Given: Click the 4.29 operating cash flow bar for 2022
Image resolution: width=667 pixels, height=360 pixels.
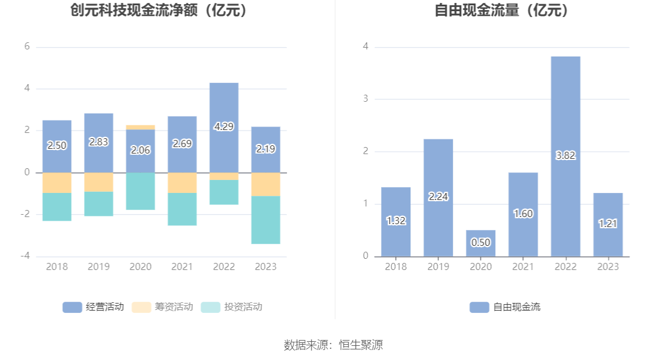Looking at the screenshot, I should pyautogui.click(x=224, y=106).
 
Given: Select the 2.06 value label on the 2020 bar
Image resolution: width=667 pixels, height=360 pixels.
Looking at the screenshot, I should pyautogui.click(x=141, y=151).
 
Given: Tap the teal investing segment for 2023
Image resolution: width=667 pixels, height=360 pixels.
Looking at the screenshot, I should pyautogui.click(x=266, y=219).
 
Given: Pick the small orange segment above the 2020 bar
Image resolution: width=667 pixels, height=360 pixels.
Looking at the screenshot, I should pyautogui.click(x=141, y=127).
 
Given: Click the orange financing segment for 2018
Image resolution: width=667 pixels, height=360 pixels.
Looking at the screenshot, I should pyautogui.click(x=57, y=183).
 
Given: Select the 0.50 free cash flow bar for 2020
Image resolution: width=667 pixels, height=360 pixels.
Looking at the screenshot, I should pyautogui.click(x=481, y=243).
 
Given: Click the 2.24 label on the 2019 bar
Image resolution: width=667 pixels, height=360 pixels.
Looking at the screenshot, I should pyautogui.click(x=438, y=197).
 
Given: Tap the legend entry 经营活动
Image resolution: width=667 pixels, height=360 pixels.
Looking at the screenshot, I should pyautogui.click(x=94, y=306).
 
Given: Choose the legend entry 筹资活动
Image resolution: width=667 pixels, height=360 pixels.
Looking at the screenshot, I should pyautogui.click(x=163, y=306).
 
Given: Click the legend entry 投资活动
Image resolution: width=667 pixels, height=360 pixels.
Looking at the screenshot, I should pyautogui.click(x=232, y=306).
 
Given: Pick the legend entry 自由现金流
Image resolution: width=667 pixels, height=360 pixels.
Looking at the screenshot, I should pyautogui.click(x=505, y=306).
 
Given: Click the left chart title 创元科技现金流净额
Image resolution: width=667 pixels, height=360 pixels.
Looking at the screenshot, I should pyautogui.click(x=158, y=10).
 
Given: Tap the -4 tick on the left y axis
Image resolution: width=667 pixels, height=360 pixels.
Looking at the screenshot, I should pyautogui.click(x=26, y=256).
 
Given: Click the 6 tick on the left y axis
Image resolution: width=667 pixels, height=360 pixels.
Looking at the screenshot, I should pyautogui.click(x=27, y=46).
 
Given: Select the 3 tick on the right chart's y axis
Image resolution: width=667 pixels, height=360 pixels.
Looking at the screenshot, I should pyautogui.click(x=365, y=98).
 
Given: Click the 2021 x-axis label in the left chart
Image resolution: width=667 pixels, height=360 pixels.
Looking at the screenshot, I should pyautogui.click(x=182, y=266).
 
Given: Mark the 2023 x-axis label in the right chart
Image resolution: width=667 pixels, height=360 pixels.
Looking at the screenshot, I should pyautogui.click(x=608, y=266).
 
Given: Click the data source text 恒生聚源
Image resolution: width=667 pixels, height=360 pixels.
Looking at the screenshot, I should pyautogui.click(x=361, y=345).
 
